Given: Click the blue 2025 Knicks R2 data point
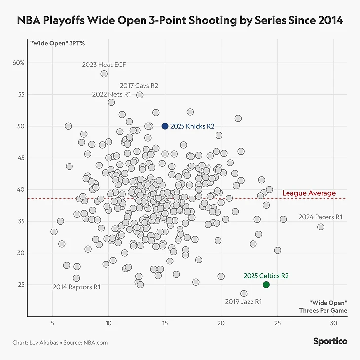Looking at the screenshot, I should pos(165,126).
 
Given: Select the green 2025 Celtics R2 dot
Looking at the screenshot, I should pos(266,285).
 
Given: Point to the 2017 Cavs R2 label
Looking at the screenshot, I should pos(139,85).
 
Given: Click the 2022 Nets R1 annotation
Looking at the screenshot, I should pos(111,94).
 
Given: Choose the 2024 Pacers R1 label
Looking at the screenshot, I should pos(320,217).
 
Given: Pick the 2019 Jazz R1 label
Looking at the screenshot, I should pos(244,301).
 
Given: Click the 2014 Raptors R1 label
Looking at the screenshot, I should pos(76,287).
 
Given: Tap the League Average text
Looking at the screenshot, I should pos(309,193).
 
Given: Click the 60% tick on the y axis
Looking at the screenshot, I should pos(19,63).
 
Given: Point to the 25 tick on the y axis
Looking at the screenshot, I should pos(21,285).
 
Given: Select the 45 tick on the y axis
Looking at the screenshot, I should pos(21,158).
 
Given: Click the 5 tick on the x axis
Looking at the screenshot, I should pos(52,323).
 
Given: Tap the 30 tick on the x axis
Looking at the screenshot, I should pos(334,323).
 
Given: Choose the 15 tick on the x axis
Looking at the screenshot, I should pos(165,323).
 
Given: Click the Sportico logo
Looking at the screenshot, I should pos(330,341).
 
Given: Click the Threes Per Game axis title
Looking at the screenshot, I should pos(323,310).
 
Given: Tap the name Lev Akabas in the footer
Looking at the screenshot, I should pos(44,342).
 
